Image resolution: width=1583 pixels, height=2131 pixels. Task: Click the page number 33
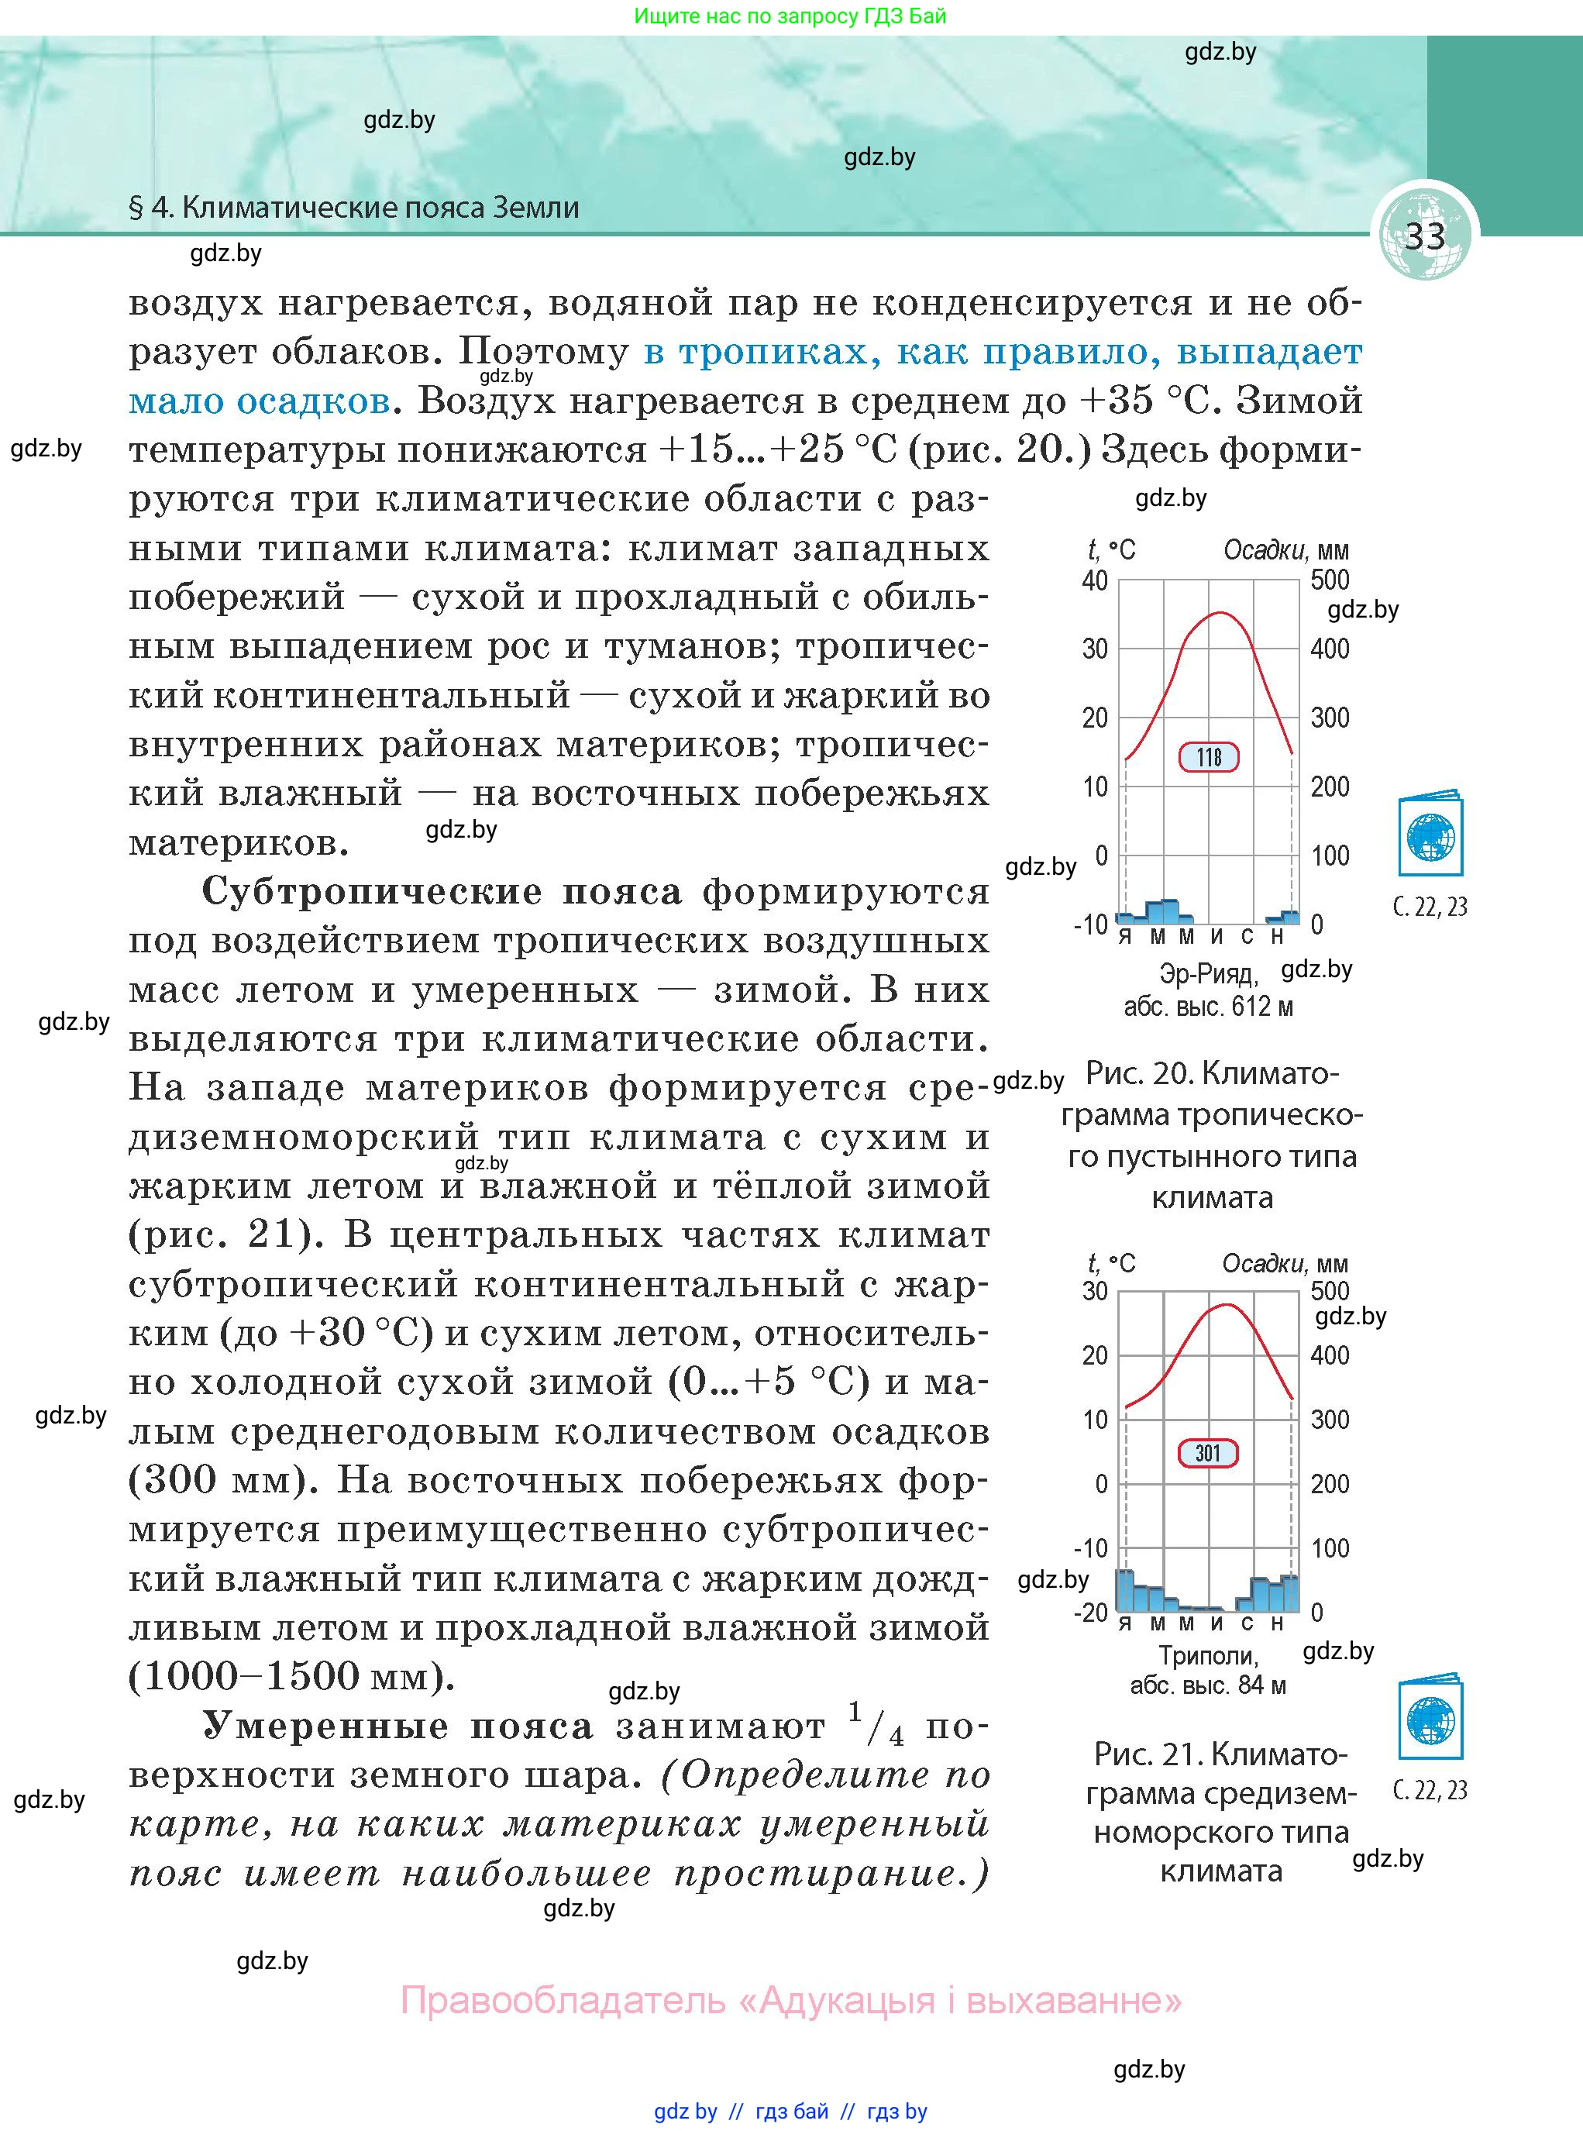(1424, 236)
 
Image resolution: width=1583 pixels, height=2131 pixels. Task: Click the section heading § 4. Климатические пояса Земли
(353, 208)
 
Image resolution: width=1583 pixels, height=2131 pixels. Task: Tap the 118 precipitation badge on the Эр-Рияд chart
(1208, 757)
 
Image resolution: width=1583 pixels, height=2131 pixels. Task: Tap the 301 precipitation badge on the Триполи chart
(1207, 1453)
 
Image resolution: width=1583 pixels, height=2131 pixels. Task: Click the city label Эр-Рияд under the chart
(1206, 975)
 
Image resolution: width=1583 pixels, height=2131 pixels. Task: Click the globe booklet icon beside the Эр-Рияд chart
(1430, 834)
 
